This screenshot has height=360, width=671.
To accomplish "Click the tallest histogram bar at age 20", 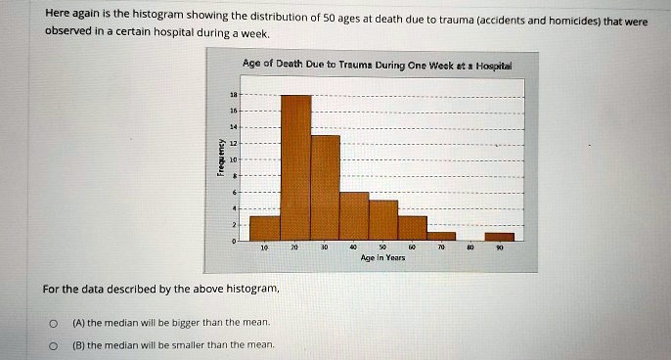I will (296, 166).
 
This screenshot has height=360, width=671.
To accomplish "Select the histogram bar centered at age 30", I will (326, 187).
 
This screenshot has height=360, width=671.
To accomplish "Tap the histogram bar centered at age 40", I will (354, 215).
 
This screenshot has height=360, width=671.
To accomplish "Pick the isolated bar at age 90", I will (500, 236).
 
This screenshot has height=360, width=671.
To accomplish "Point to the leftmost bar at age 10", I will (265, 227).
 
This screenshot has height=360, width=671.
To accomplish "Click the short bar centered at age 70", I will (442, 236).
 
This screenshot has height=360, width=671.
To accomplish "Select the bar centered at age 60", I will (413, 227).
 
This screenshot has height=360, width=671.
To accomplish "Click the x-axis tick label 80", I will (471, 248).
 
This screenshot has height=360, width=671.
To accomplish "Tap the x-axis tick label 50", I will (383, 248).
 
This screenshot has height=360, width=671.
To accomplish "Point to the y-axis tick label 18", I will (232, 96).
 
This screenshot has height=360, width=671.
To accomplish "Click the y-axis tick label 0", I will (233, 240).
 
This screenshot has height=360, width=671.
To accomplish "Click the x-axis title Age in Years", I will (383, 260).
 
